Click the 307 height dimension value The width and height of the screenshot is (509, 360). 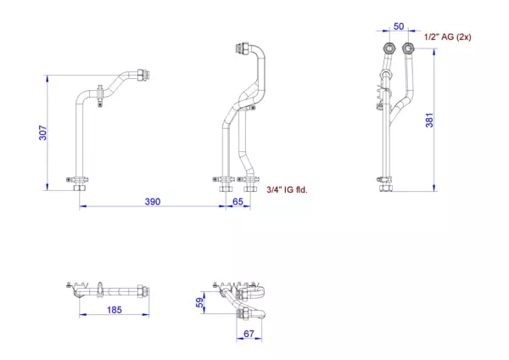click(43, 132)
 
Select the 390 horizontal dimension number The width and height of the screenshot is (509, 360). click(153, 202)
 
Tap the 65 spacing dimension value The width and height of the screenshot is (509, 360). click(238, 202)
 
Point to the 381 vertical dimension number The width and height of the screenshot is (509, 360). click(429, 121)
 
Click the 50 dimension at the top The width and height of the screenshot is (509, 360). click(399, 26)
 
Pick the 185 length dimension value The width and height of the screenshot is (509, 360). click(115, 310)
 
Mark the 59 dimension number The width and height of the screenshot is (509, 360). click(200, 302)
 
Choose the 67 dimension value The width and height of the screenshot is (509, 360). click(249, 334)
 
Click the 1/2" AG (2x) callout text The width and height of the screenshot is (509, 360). click(448, 37)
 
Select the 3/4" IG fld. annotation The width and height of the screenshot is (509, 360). click(287, 189)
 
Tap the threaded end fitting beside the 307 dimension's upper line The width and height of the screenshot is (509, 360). click(143, 76)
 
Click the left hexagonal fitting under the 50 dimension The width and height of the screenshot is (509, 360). click(389, 48)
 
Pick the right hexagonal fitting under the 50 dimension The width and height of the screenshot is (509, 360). click(408, 48)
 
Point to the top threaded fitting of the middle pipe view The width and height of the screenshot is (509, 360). click(242, 48)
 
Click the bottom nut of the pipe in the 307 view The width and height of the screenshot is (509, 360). click(80, 188)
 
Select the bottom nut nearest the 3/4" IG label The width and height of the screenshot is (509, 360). click(250, 188)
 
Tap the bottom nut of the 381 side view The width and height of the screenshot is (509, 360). click(386, 188)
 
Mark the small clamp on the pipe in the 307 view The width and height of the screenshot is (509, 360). click(100, 95)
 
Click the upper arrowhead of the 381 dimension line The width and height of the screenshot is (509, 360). click(434, 53)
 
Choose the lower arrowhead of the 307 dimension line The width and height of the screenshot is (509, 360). click(48, 187)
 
